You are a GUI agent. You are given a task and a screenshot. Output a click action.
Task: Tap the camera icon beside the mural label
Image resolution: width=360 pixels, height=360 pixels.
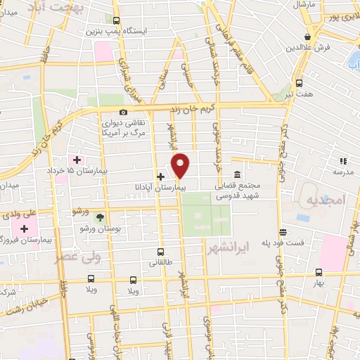tap(124, 112)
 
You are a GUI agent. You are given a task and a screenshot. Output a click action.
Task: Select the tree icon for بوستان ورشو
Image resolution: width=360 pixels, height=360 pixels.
tap(99, 217)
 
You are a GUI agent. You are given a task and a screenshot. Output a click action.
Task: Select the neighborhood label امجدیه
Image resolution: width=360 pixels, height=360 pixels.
tap(326, 200)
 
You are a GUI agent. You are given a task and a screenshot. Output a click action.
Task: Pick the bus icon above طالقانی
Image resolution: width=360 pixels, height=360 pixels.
tap(161, 252)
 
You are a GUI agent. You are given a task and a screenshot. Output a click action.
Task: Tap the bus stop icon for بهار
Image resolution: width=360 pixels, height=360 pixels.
tap(319, 272)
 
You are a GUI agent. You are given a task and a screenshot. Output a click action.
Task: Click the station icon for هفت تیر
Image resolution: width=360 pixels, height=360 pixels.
tap(300, 82)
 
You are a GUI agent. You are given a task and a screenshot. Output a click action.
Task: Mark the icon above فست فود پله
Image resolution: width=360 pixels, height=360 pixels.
tap(282, 232)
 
